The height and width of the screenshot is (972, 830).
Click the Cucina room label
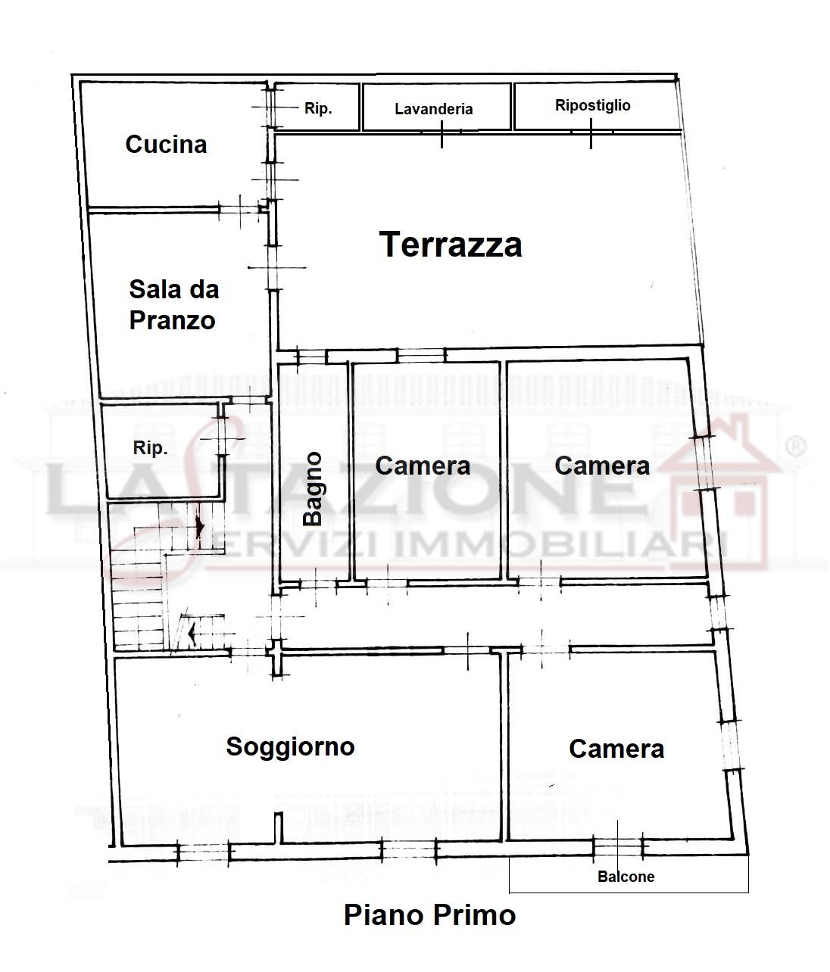coord(166,145)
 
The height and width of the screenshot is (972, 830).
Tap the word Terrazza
coord(451,245)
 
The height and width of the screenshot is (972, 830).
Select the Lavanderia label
coord(433,109)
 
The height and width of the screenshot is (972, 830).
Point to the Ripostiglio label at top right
coord(592,106)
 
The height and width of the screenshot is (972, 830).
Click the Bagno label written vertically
coord(313,488)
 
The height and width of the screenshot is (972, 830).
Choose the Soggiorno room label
coord(290,747)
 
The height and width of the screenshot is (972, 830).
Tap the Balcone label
coord(626,877)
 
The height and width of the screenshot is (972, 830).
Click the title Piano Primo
coord(429,915)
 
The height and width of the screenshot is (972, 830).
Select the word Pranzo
coord(172,321)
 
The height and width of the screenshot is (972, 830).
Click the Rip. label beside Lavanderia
coord(318,108)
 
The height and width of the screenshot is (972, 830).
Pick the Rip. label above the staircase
coord(150,448)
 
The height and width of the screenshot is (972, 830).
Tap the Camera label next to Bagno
coord(423,466)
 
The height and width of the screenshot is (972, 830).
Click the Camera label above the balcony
coord(616,749)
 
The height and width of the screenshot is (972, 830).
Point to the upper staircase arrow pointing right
coord(200,528)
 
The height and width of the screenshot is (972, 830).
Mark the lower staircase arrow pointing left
coord(191,634)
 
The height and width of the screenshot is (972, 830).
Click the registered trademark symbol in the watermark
coord(796,447)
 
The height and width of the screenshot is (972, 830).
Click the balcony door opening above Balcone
coord(618,848)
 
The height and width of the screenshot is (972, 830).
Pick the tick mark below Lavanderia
coord(442,135)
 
